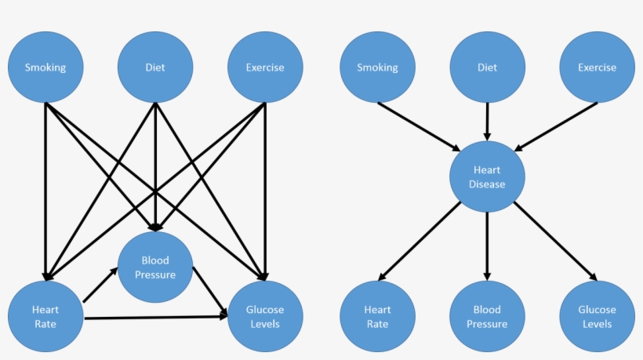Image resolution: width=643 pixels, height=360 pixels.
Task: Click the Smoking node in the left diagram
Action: click(45, 67)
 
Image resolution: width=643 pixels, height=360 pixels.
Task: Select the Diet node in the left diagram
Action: click(155, 67)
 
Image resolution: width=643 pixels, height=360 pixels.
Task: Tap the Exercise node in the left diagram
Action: click(265, 67)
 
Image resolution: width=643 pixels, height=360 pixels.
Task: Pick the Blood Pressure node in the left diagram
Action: click(155, 267)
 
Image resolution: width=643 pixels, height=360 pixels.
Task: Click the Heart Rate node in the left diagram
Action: click(45, 316)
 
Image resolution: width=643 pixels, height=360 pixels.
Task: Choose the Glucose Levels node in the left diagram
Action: click(265, 316)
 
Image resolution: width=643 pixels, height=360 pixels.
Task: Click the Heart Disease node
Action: click(487, 177)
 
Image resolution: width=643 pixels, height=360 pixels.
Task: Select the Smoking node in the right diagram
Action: click(377, 67)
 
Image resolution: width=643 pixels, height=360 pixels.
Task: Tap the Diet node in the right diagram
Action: click(487, 67)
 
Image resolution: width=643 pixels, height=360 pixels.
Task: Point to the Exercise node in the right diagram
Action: click(597, 67)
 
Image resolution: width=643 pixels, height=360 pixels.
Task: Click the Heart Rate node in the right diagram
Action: click(377, 316)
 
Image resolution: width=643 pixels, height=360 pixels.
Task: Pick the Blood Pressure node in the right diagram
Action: click(487, 316)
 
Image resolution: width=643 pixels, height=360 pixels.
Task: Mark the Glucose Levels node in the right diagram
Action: click(597, 316)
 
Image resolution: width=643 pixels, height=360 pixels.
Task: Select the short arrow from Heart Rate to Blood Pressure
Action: click(100, 285)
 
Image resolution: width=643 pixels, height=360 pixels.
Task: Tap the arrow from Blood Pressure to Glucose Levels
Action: click(210, 292)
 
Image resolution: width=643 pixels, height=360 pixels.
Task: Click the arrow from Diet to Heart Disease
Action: click(487, 121)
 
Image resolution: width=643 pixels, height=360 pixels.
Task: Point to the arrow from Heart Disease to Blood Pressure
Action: click(487, 246)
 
